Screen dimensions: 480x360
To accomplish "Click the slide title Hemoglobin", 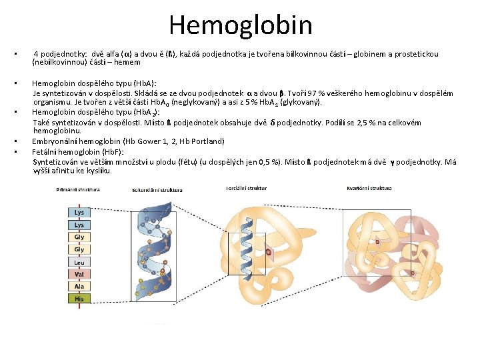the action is pyautogui.click(x=240, y=25).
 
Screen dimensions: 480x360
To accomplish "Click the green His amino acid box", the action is pyautogui.click(x=79, y=299).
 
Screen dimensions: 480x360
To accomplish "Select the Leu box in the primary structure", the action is pyautogui.click(x=79, y=262).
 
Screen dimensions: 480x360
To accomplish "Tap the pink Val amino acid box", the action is pyautogui.click(x=79, y=274).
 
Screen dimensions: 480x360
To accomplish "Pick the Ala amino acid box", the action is pyautogui.click(x=79, y=286).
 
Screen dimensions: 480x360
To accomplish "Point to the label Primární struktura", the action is pyautogui.click(x=77, y=189).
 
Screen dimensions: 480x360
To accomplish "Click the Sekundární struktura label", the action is pyautogui.click(x=157, y=190).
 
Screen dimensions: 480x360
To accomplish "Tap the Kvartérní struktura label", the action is pyautogui.click(x=369, y=189).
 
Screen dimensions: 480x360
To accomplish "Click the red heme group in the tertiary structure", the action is pyautogui.click(x=267, y=252).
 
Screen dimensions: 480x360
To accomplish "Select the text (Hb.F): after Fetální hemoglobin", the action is pyautogui.click(x=99, y=151).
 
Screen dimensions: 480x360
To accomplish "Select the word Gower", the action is pyautogui.click(x=141, y=141).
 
